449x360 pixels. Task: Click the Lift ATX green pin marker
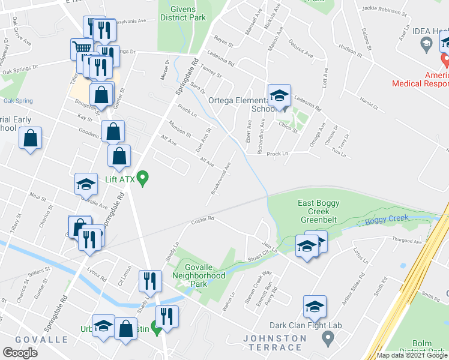tap(143, 178)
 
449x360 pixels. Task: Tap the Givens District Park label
tap(183, 13)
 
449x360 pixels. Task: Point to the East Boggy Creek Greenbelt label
tap(322, 211)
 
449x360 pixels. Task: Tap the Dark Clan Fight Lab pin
tap(327, 338)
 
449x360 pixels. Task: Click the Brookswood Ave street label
tap(221, 178)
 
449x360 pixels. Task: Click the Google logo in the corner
tap(20, 353)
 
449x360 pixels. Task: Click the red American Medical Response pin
tap(445, 59)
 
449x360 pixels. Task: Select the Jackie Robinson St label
tap(384, 10)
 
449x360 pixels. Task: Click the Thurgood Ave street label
tap(408, 242)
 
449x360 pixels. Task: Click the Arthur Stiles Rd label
tap(353, 290)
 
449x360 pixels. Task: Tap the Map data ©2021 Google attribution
tap(412, 355)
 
